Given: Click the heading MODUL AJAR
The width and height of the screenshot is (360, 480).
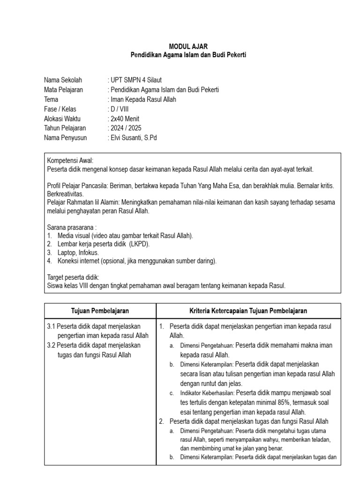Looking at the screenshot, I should pos(187,46).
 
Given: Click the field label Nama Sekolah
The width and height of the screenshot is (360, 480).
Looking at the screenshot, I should pos(63,80).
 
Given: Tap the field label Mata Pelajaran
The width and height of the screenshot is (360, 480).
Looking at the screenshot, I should pos(64,90).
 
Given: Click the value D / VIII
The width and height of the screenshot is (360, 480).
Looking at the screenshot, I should pos(120,109).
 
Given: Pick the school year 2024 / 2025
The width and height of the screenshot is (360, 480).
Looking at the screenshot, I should pos(126,128).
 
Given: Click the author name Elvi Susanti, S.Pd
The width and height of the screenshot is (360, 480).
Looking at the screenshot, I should pos(133,138).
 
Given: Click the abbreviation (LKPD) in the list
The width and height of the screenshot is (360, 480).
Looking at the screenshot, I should pos(141,244).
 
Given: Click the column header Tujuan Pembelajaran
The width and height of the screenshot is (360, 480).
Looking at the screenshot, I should pos(100,311).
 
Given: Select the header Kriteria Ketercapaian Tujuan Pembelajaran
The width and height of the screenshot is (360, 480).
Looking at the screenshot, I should pos(248,311).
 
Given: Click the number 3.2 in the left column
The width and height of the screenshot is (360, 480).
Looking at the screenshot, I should pos(52,345).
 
